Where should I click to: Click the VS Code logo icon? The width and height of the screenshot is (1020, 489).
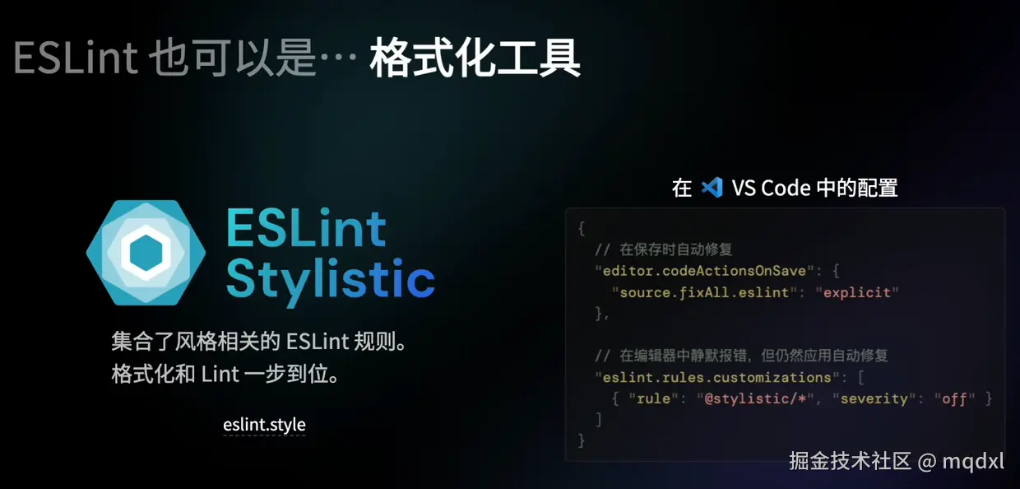[x=712, y=188]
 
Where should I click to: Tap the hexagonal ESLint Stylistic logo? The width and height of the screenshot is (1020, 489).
[x=146, y=253]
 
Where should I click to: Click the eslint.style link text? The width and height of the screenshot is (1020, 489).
[x=264, y=425]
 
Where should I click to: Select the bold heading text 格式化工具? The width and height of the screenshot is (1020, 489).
[x=475, y=58]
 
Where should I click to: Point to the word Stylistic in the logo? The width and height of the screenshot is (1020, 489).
[x=330, y=279]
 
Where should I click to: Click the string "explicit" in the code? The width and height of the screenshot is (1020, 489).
[x=857, y=292]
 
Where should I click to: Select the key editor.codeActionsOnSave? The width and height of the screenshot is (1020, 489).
[x=704, y=271]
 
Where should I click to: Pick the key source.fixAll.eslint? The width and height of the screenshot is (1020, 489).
[x=704, y=292]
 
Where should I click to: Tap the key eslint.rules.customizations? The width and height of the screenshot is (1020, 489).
[x=717, y=377]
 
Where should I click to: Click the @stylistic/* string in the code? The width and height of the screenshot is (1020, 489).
[x=755, y=398]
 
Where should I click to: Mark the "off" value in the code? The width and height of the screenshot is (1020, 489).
[x=954, y=398]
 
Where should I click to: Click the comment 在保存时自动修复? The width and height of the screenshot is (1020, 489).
[x=676, y=249]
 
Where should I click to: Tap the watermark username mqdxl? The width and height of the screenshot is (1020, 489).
[x=973, y=461]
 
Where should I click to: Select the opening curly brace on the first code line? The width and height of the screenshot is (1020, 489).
[x=581, y=228]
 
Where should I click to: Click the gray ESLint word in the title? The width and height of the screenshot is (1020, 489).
[x=76, y=58]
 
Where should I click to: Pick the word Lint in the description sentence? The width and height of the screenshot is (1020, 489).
[x=220, y=375]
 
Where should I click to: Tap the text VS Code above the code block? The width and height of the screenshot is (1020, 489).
[x=772, y=188]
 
